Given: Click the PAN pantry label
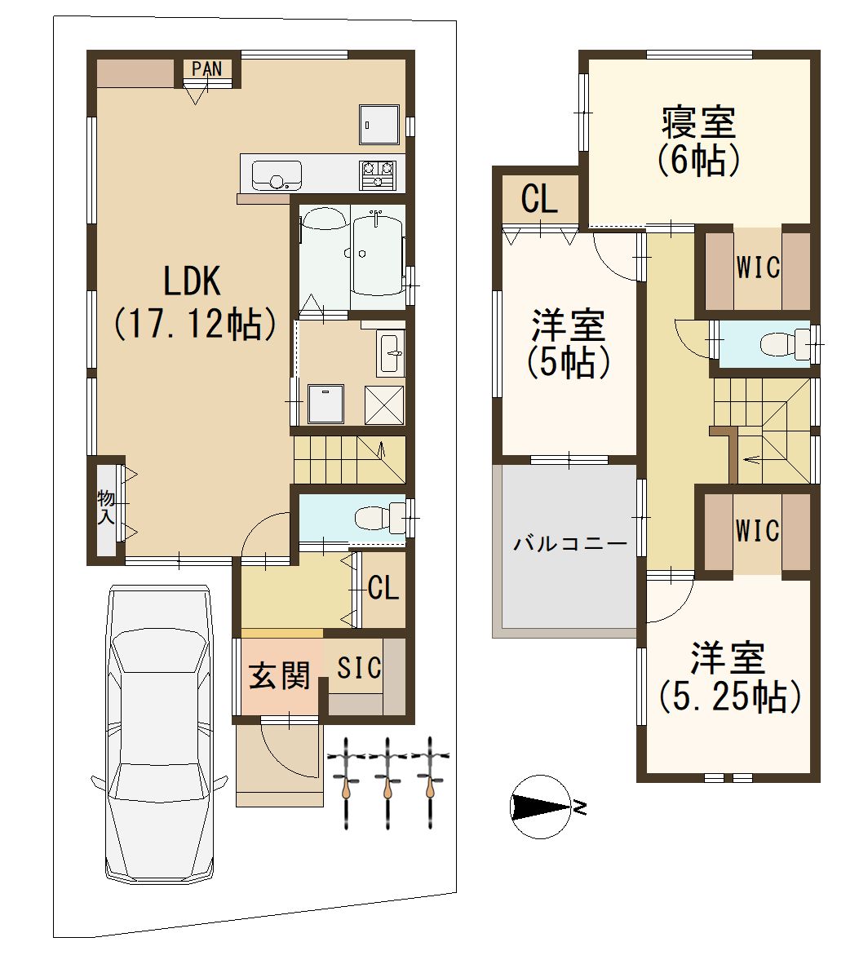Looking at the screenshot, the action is (206, 69).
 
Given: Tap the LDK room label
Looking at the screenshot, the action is (191, 281).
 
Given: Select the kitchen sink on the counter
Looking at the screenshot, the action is (277, 175).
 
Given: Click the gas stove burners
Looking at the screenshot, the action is (378, 175).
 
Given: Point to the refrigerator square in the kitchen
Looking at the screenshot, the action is (379, 124).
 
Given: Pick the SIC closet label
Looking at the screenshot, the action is (359, 668).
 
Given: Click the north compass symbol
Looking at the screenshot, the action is (542, 807).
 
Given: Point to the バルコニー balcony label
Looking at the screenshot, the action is (570, 543).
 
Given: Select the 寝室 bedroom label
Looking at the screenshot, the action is (698, 122).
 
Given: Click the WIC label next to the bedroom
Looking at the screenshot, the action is (758, 268).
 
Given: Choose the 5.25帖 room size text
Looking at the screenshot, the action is (730, 696).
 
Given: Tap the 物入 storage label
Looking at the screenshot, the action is (106, 506).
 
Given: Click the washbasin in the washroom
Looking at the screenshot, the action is (392, 352).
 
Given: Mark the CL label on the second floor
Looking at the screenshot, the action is (539, 198).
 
